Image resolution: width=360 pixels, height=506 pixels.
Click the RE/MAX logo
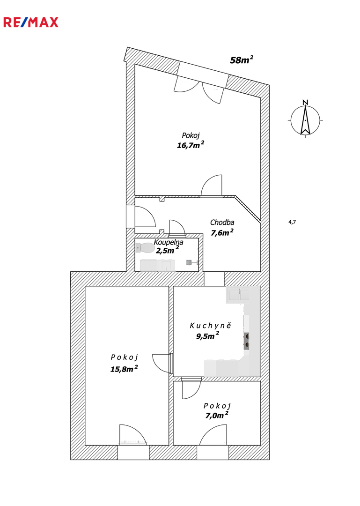coord(31,22)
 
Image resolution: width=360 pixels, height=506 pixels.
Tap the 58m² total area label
coord(241,60)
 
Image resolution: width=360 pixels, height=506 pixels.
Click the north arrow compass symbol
coord(305,119)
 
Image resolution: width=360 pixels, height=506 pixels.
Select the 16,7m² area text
coord(191,145)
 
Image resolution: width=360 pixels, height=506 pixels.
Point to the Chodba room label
coord(222,223)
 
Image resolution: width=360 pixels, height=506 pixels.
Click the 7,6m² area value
coord(222,232)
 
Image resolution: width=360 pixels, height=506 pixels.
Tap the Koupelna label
coord(169,242)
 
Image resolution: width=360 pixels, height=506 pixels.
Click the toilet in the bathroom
coord(145,248)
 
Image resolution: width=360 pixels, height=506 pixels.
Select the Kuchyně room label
coord(210,325)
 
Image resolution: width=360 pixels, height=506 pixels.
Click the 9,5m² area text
coord(207,336)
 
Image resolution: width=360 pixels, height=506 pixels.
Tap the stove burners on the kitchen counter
coord(246,341)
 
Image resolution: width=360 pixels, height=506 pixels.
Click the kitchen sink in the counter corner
coord(239,295)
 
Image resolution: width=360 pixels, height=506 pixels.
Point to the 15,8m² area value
coord(124,369)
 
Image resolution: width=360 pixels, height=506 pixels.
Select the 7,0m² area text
coord(217,415)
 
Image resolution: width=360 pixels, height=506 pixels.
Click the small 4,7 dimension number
coord(292,222)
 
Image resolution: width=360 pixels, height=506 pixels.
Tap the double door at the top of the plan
coord(199,89)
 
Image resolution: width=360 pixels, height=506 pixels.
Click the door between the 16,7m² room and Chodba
coord(212,185)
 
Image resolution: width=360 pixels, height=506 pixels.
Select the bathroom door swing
coord(177,227)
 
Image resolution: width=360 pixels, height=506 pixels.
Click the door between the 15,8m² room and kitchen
coord(162,364)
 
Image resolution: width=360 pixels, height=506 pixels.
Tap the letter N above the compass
coord(305,103)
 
